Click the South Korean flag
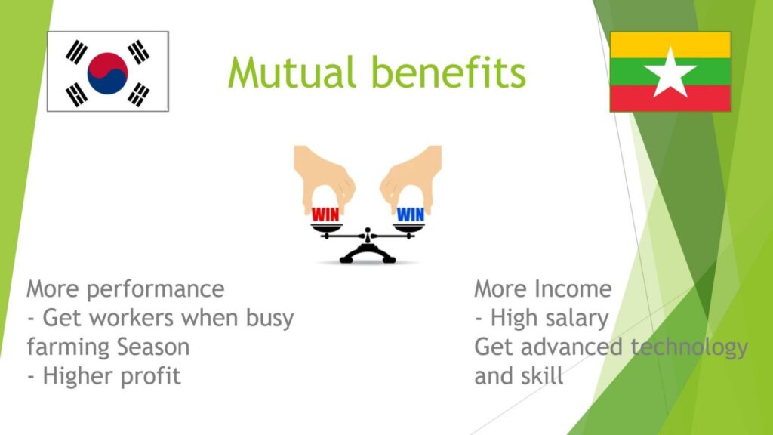click(x=108, y=72)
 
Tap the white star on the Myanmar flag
click(x=670, y=72)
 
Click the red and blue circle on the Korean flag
click(x=107, y=73)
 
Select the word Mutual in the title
click(x=291, y=72)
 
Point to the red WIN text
click(x=325, y=214)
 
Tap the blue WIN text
click(x=410, y=214)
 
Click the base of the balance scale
click(x=368, y=255)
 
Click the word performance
click(x=156, y=290)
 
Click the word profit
click(x=151, y=376)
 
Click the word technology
click(x=689, y=347)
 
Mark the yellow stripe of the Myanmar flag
click(x=670, y=45)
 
